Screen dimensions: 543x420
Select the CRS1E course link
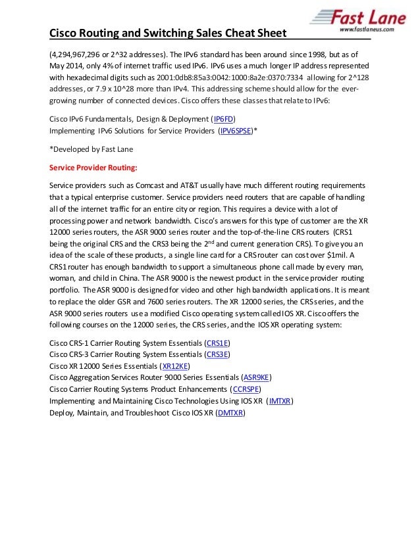[x=218, y=343]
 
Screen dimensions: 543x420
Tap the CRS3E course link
[x=218, y=354]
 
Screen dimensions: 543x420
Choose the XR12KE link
[x=174, y=366]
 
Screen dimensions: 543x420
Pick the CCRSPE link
[x=247, y=389]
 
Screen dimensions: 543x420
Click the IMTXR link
[x=280, y=400]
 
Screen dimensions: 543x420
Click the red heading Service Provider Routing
[x=93, y=167]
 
